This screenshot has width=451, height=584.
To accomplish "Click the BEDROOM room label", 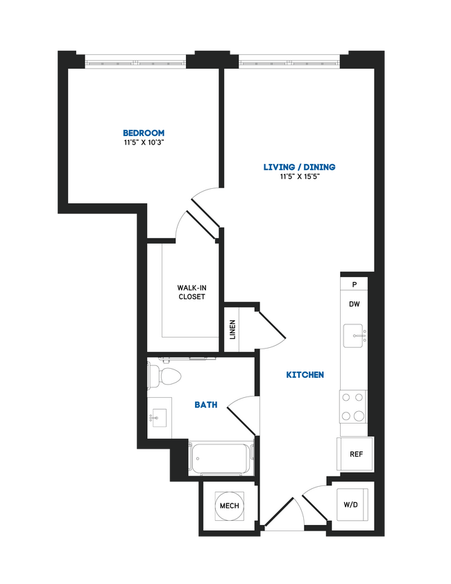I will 144,133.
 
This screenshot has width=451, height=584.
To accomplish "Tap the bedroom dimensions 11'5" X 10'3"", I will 144,142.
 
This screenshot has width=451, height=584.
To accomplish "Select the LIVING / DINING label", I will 299,167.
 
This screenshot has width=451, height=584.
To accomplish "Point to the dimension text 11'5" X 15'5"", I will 299,176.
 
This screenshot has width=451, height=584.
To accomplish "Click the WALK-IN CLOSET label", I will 192,292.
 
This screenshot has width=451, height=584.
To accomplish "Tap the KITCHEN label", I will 305,375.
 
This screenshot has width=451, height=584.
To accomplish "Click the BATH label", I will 205,404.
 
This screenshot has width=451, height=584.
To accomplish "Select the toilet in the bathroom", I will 164,377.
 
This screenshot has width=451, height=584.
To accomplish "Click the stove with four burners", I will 352,407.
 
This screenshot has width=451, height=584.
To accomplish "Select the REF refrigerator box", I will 356,455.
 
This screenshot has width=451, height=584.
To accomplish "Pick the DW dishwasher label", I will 354,304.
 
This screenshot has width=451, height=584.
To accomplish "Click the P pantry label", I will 354,285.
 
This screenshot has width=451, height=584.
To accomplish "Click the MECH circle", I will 230,506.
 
